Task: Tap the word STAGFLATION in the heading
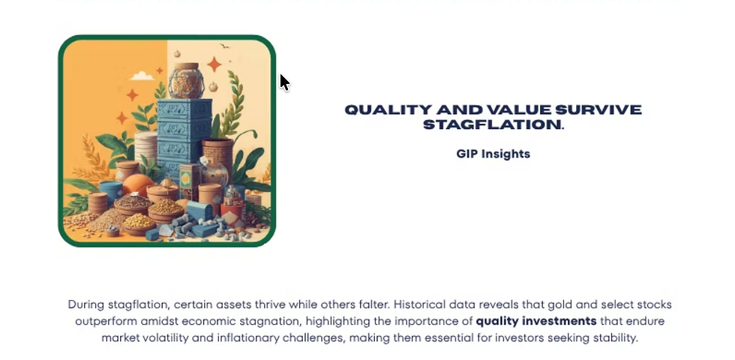[x=491, y=124]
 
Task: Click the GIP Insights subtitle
[x=493, y=154]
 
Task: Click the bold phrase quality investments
[x=536, y=321]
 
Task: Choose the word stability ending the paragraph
[x=613, y=337]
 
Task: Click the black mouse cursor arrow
[x=284, y=82]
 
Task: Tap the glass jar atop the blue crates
[x=185, y=81]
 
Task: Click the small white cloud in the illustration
[x=142, y=76]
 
